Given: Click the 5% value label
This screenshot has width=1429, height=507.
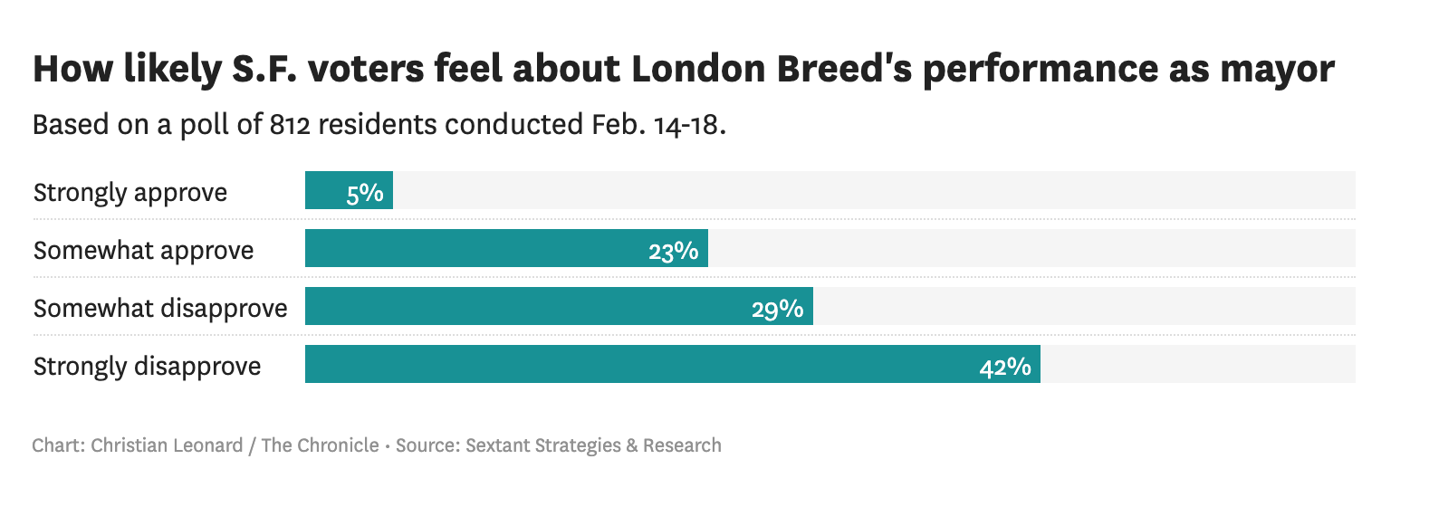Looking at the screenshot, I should click(x=365, y=193).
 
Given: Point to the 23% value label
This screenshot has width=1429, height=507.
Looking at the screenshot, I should click(x=673, y=251).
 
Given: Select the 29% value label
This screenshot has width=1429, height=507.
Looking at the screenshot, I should click(x=777, y=309).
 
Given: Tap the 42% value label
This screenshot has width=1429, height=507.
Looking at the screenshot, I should click(x=1005, y=367).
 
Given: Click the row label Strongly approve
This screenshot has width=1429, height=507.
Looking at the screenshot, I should click(x=130, y=193).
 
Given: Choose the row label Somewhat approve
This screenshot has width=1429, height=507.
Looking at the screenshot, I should click(x=144, y=251).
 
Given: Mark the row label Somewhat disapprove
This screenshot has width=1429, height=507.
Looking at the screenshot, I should click(x=160, y=309).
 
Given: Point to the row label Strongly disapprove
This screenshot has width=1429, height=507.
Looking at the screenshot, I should click(x=148, y=367).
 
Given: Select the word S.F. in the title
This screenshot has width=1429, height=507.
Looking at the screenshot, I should click(x=264, y=69).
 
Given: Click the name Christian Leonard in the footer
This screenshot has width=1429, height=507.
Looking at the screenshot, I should click(x=167, y=445).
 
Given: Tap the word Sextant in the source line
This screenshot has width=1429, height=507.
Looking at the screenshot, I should click(x=497, y=445).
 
